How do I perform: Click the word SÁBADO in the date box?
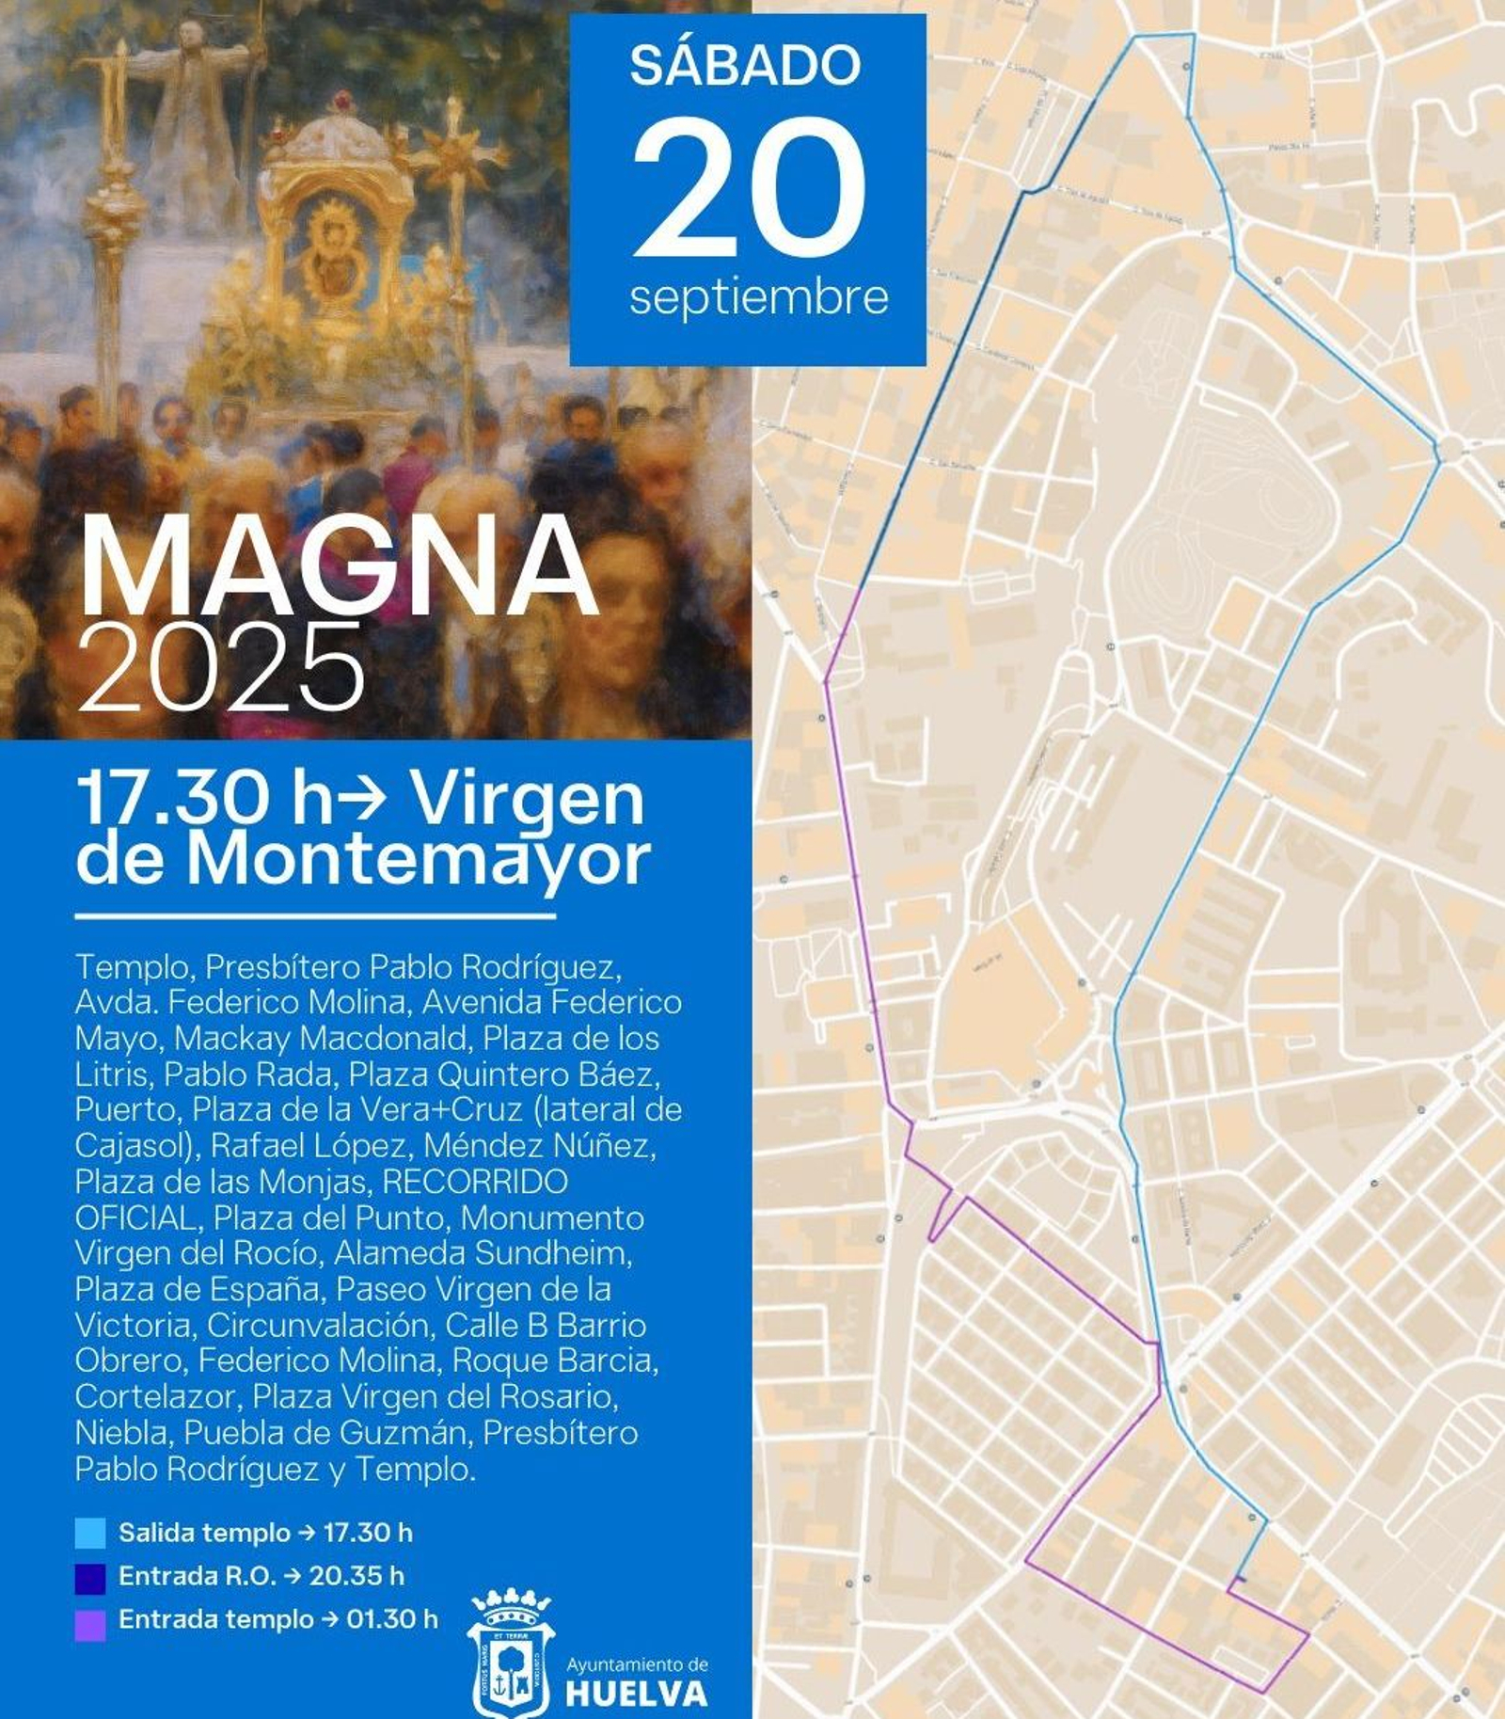(x=745, y=65)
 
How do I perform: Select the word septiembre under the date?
(x=758, y=297)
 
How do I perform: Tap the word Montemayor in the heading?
(x=418, y=859)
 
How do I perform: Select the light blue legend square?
(x=90, y=1533)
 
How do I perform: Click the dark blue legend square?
(x=90, y=1576)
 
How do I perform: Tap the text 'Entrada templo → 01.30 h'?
(x=277, y=1619)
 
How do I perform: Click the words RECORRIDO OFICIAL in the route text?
(x=320, y=1200)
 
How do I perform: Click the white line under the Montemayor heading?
(x=315, y=915)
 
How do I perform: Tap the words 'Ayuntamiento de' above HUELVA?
(x=637, y=1664)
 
